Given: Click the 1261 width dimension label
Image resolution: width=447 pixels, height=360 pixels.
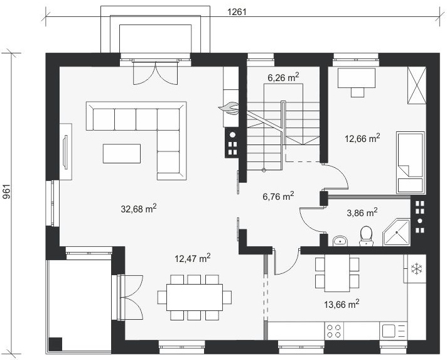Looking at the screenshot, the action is (237, 12).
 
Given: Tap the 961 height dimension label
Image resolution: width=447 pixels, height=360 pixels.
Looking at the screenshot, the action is (6, 192).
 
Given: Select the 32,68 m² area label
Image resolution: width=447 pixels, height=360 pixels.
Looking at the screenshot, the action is (139, 208).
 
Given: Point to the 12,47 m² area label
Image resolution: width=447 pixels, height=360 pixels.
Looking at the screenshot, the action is (193, 258).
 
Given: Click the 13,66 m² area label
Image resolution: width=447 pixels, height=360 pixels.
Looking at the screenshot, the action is (342, 304).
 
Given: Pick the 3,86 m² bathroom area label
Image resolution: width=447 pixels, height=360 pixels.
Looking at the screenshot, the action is (362, 212).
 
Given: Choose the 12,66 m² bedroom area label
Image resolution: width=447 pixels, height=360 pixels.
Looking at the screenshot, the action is (362, 138).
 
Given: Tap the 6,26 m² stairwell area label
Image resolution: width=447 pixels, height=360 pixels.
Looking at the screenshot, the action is (283, 77).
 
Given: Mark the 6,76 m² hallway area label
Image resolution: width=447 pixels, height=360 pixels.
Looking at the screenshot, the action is (278, 196).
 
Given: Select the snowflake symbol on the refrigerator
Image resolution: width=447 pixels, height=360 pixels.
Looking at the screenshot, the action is (416, 269).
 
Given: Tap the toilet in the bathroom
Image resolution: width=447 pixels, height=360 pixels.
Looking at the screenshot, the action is (366, 236).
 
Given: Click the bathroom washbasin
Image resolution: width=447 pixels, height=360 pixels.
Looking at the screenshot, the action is (340, 241).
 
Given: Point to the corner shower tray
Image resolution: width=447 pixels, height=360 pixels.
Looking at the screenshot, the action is (396, 232).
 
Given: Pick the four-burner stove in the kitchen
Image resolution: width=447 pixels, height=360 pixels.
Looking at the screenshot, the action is (334, 331).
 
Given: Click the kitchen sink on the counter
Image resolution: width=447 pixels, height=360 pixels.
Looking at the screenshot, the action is (393, 331).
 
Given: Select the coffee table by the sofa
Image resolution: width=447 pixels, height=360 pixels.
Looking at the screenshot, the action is (122, 153).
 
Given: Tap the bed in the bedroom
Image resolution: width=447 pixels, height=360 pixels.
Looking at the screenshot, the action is (411, 162).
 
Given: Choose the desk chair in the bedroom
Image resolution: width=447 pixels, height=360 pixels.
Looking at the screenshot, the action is (357, 92).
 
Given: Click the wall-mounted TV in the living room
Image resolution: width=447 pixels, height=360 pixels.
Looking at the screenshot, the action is (65, 152).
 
